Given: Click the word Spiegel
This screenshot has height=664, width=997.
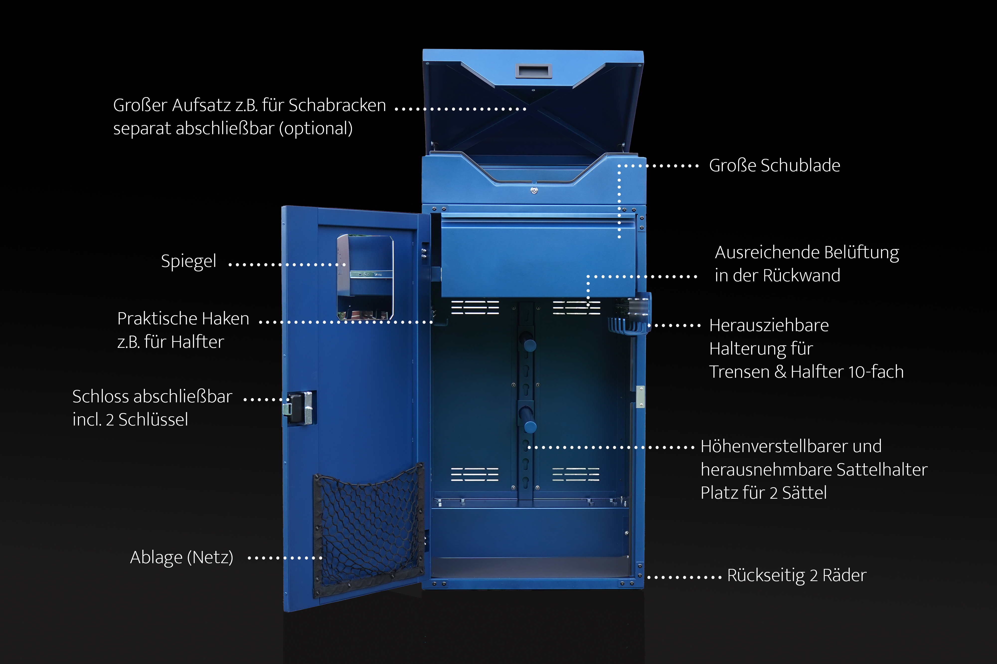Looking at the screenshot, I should pos(189,261).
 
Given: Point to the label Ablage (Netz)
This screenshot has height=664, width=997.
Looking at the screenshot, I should pos(181,557).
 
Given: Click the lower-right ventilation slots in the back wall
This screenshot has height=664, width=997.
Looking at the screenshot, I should pos(576,474).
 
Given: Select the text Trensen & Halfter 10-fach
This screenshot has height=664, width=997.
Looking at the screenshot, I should pos(806,372).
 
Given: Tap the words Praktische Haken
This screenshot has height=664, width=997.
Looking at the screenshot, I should pos(183,318).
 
